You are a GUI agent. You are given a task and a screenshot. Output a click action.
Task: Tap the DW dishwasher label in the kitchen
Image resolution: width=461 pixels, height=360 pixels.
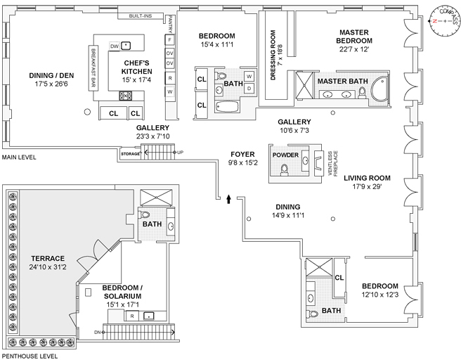(114, 47)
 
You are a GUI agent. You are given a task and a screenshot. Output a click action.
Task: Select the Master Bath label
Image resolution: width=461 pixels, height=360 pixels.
(342, 81)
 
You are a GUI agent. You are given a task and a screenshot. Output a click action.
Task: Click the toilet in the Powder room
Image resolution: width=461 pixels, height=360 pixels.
(285, 170)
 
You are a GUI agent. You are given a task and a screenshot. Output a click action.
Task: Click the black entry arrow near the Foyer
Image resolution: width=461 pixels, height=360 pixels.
(228, 199)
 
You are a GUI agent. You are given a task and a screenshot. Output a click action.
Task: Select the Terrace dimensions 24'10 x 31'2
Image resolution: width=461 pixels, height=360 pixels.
(48, 267)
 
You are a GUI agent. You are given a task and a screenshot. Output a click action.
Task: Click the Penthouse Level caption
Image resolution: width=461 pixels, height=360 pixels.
(29, 356)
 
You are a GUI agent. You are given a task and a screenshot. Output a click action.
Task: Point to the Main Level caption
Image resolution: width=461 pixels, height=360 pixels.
(19, 157)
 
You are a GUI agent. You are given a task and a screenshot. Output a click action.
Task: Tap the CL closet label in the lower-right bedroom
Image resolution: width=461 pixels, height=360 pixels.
(339, 278)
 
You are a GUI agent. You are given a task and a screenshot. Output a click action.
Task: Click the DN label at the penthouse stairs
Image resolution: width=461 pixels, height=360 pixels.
(97, 331)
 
